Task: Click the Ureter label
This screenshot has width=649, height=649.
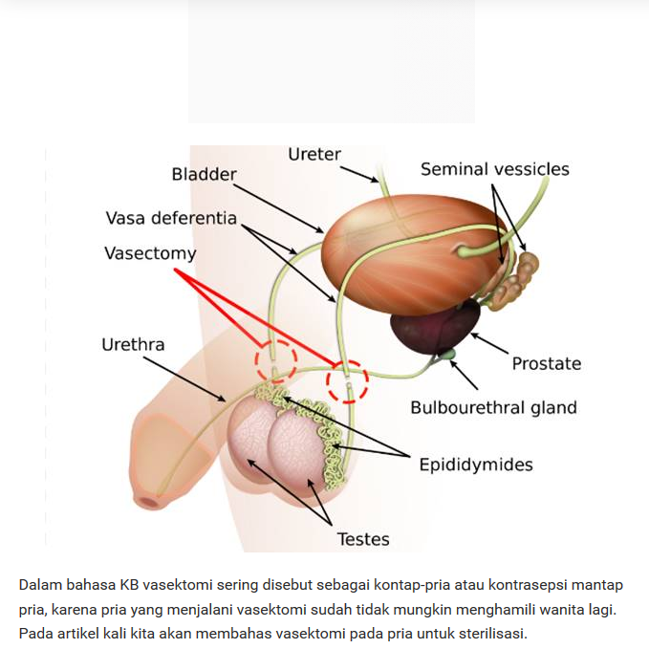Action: tap(314, 155)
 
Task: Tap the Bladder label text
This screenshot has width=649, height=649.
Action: tap(204, 174)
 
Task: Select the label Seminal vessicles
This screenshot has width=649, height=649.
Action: tap(494, 169)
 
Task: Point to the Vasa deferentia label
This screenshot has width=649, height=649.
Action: tap(171, 218)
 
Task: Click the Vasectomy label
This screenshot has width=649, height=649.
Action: tap(150, 254)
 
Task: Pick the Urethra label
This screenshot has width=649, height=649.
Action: tap(133, 344)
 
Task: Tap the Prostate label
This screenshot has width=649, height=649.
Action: tap(546, 363)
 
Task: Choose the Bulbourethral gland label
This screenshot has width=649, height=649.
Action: tap(493, 407)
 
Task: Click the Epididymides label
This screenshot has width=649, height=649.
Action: tap(476, 465)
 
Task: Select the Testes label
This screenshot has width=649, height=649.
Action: tap(363, 539)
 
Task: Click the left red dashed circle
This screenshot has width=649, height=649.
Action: tap(275, 362)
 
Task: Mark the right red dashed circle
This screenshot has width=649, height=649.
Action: tap(347, 381)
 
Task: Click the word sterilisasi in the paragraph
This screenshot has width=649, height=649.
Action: tap(488, 633)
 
